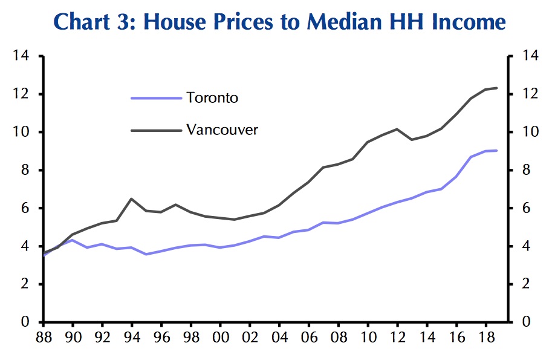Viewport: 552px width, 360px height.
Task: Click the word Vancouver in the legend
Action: (222, 129)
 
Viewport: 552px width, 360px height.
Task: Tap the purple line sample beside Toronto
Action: (156, 97)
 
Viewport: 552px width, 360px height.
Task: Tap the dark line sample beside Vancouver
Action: (156, 129)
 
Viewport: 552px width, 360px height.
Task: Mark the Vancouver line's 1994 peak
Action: (131, 198)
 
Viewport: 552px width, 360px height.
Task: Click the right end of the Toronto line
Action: (497, 150)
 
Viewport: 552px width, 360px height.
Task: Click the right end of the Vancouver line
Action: (497, 88)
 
